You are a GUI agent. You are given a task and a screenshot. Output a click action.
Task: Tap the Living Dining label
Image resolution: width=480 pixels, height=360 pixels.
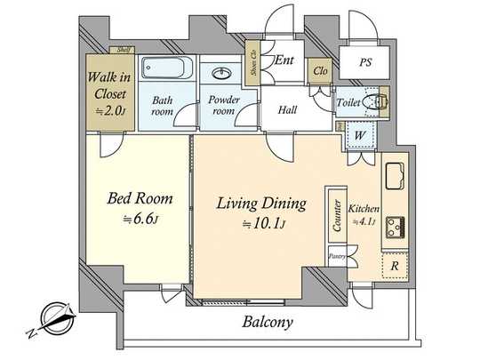(262, 204)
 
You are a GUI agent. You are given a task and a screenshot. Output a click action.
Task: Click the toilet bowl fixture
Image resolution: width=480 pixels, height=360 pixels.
(378, 103)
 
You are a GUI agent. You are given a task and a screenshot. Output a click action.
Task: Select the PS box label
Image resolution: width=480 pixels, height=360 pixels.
(366, 62)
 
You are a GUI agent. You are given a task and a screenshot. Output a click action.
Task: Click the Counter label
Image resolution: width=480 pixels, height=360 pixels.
(338, 214)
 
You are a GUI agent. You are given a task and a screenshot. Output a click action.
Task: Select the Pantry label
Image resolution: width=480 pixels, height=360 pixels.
(337, 256)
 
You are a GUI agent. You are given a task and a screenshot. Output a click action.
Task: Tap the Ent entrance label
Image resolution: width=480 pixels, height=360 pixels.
(284, 60)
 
